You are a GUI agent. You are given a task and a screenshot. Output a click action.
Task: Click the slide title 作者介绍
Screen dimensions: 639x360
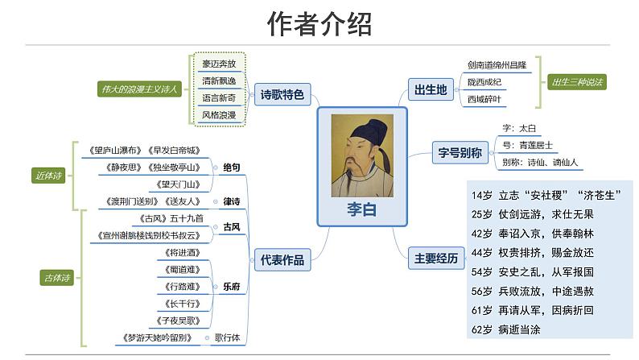(319, 25)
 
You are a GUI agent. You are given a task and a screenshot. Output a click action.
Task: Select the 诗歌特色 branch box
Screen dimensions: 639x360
(282, 95)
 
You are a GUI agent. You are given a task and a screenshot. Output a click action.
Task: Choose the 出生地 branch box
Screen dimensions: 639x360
(430, 89)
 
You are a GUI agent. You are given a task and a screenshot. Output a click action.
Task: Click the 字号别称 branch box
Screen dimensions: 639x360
(460, 151)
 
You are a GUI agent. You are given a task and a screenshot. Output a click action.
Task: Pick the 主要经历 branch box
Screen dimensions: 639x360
(435, 259)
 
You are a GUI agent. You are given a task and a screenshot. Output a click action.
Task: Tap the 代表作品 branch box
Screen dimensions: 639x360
(282, 259)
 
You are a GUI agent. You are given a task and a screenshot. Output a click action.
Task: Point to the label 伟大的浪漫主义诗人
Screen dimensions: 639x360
(137, 88)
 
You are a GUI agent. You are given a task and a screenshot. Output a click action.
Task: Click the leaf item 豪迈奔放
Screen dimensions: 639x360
(219, 64)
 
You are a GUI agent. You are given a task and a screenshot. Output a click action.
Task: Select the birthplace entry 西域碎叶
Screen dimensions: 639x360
(485, 99)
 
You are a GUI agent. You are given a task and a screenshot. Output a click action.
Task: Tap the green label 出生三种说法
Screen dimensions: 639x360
(577, 81)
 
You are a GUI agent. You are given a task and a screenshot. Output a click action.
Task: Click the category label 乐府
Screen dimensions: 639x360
(231, 285)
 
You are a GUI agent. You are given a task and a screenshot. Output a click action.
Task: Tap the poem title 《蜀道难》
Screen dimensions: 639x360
(179, 269)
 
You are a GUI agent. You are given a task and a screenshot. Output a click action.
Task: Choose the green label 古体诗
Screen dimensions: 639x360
(56, 278)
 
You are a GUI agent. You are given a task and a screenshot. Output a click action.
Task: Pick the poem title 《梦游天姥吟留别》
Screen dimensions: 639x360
(156, 337)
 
